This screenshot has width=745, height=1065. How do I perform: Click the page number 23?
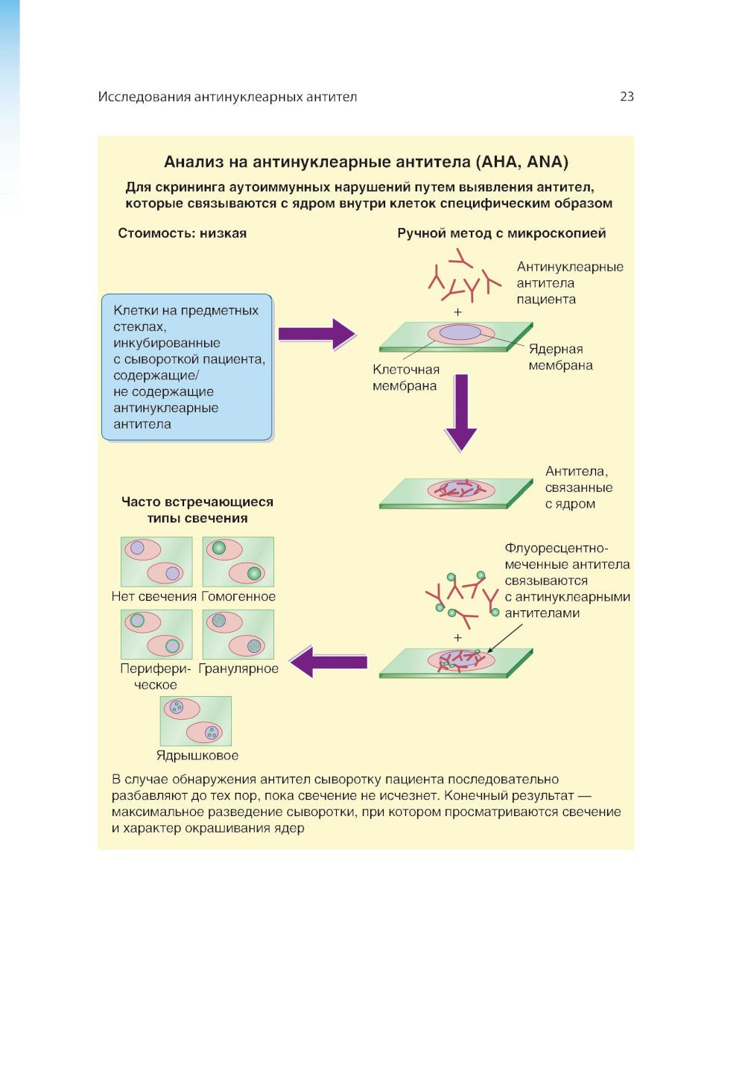[x=627, y=96]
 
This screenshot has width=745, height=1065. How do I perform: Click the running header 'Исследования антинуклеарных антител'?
[x=227, y=97]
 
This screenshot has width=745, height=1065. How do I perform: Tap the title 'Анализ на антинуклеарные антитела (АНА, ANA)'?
[x=366, y=162]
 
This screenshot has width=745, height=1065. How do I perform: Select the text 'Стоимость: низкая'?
[x=182, y=233]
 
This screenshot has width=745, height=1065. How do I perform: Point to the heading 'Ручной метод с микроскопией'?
[x=501, y=233]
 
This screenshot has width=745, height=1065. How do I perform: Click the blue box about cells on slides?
[x=187, y=367]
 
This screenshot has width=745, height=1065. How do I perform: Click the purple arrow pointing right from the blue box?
[x=316, y=334]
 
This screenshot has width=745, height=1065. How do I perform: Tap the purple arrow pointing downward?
[x=461, y=412]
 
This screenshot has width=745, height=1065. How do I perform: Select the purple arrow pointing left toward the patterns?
[x=329, y=662]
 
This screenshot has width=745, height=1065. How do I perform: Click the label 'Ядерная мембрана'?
[x=560, y=357]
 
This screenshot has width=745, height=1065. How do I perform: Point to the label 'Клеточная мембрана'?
[x=405, y=378]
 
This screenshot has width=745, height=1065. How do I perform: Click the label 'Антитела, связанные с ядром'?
[x=578, y=487]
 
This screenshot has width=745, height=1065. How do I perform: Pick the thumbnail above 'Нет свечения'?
[x=156, y=562]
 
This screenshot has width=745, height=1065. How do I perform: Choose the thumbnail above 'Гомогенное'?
[x=238, y=562]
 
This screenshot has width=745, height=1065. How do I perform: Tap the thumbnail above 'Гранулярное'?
[x=238, y=634]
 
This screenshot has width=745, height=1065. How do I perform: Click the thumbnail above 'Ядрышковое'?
[x=196, y=721]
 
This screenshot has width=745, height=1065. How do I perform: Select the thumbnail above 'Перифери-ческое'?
[x=156, y=634]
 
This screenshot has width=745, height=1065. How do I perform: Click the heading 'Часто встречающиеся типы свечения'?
[x=197, y=511]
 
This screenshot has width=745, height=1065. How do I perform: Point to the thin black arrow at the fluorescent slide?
[x=504, y=638]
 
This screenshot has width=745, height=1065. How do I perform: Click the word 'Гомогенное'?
[x=238, y=597]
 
